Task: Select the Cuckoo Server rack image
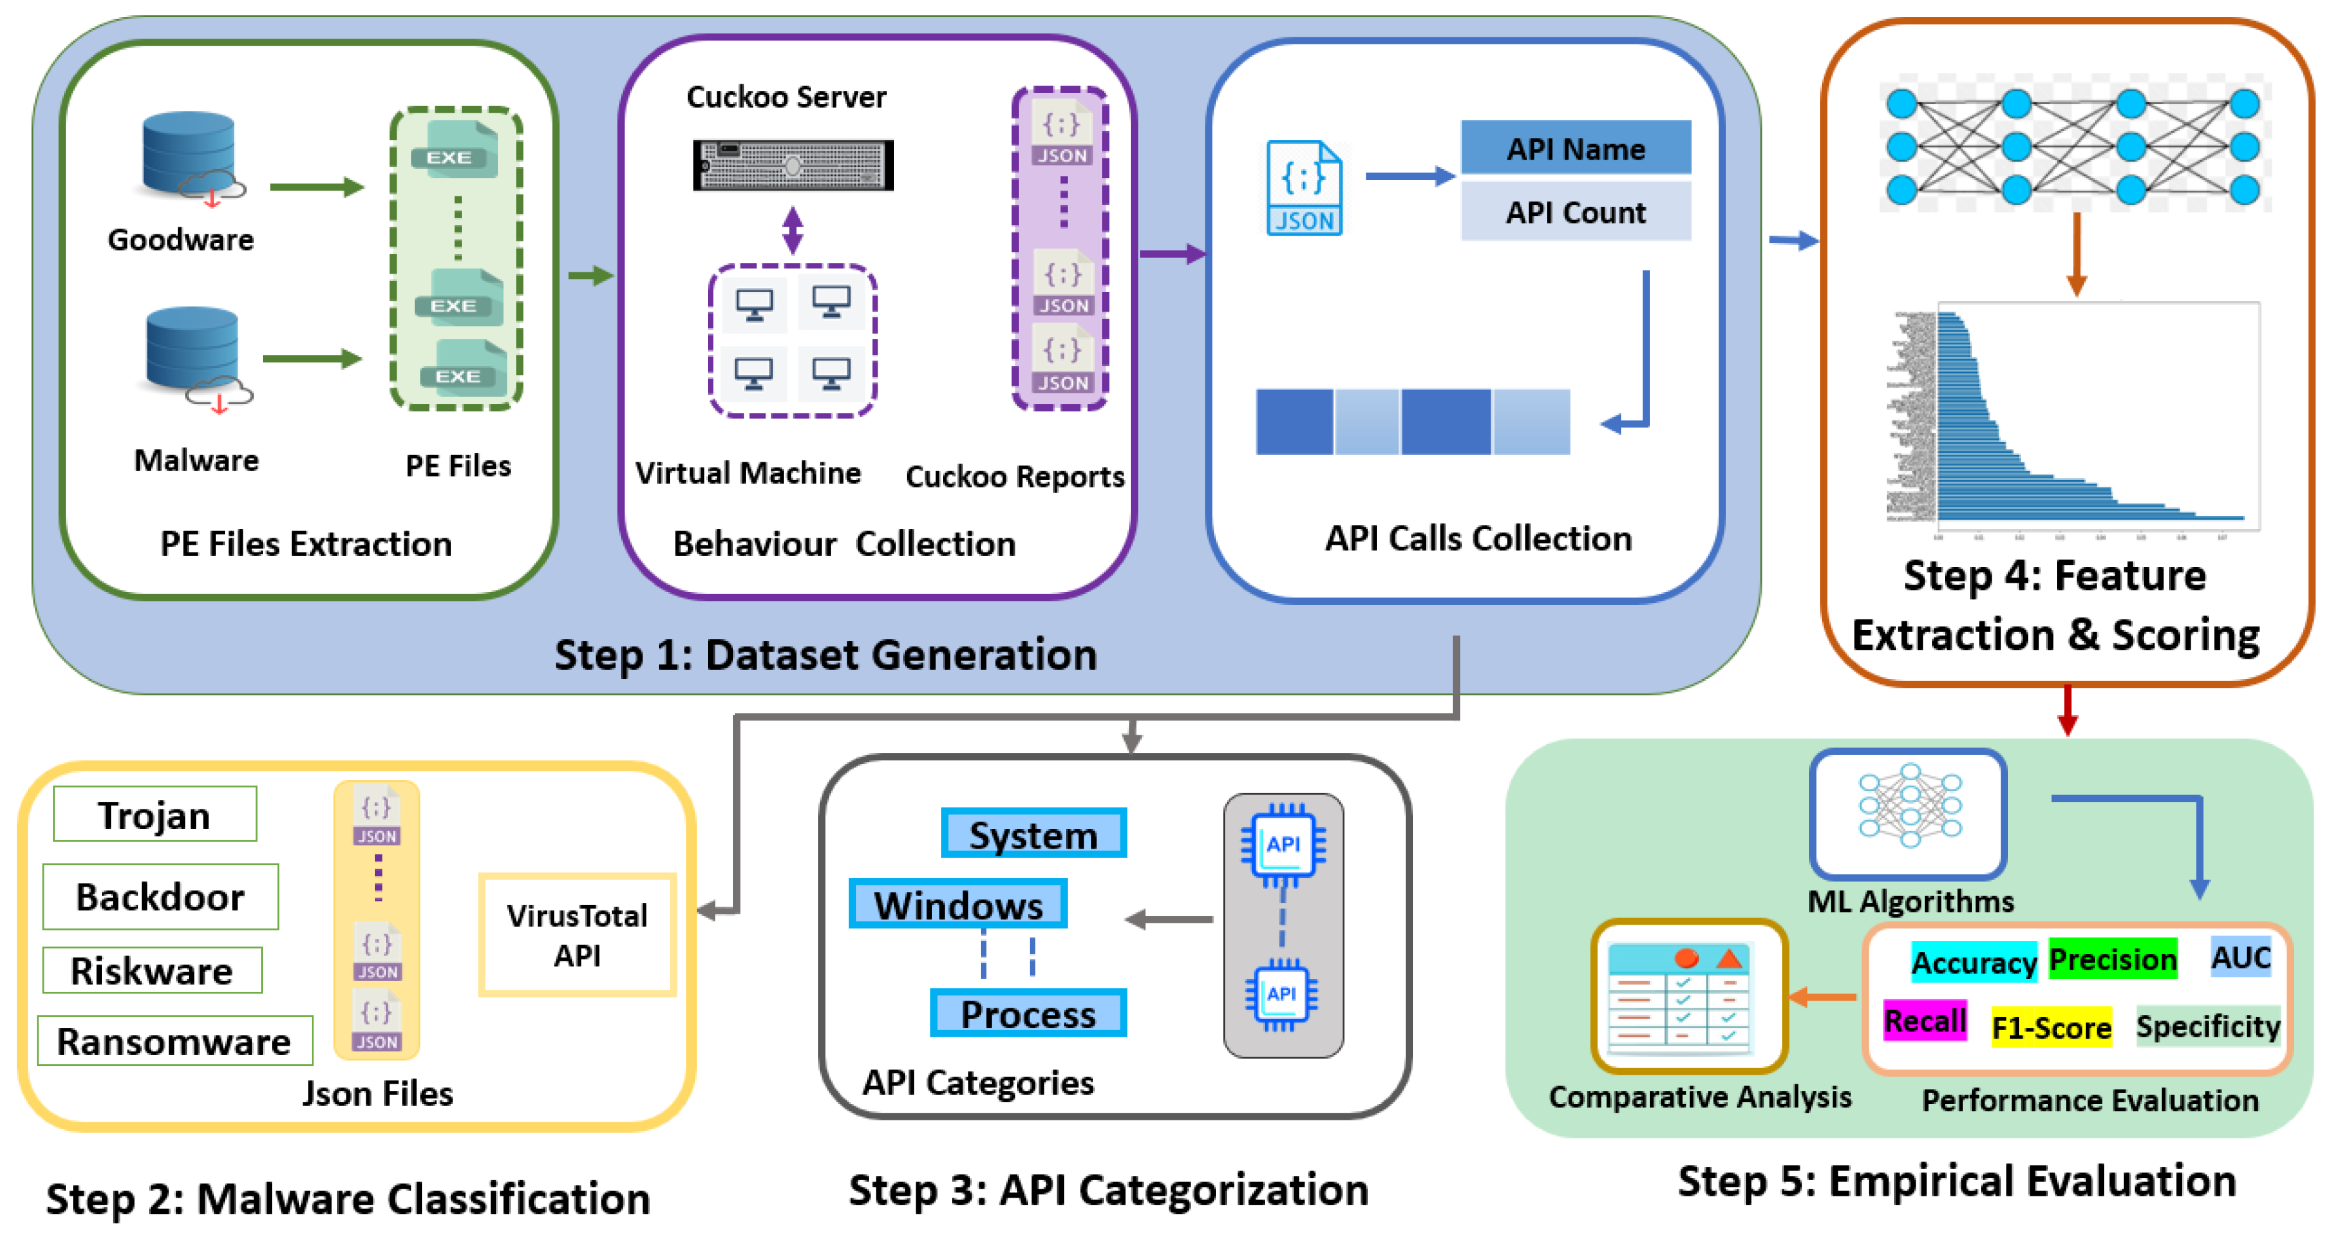click(793, 165)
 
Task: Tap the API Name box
click(1575, 148)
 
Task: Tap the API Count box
click(1575, 212)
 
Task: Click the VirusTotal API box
click(577, 935)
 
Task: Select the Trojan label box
click(155, 814)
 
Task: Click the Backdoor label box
click(160, 897)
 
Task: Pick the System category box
click(1033, 833)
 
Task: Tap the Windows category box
click(958, 904)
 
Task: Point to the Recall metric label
click(1924, 1020)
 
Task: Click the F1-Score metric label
click(2051, 1027)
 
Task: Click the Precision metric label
click(2112, 959)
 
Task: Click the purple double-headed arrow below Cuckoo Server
click(792, 230)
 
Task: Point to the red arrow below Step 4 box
click(2066, 710)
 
